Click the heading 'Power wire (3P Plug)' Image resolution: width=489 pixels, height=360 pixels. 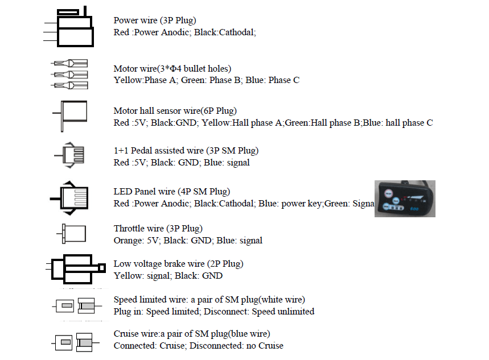(155, 21)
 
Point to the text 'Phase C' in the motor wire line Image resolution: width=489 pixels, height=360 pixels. (284, 80)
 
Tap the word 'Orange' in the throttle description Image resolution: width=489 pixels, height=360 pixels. (128, 241)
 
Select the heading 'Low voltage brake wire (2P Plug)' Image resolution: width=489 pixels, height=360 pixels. (178, 264)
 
